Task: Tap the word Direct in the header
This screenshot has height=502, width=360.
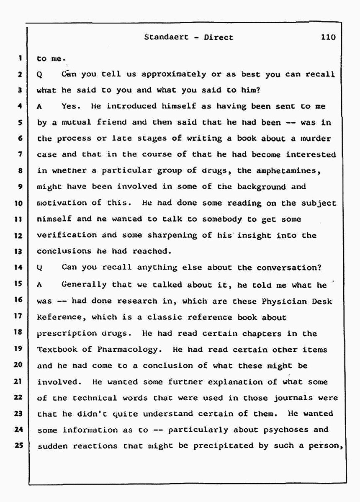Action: pyautogui.click(x=218, y=37)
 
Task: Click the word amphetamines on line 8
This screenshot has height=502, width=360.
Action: pyautogui.click(x=306, y=171)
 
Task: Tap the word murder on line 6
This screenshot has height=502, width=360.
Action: pyautogui.click(x=316, y=139)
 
